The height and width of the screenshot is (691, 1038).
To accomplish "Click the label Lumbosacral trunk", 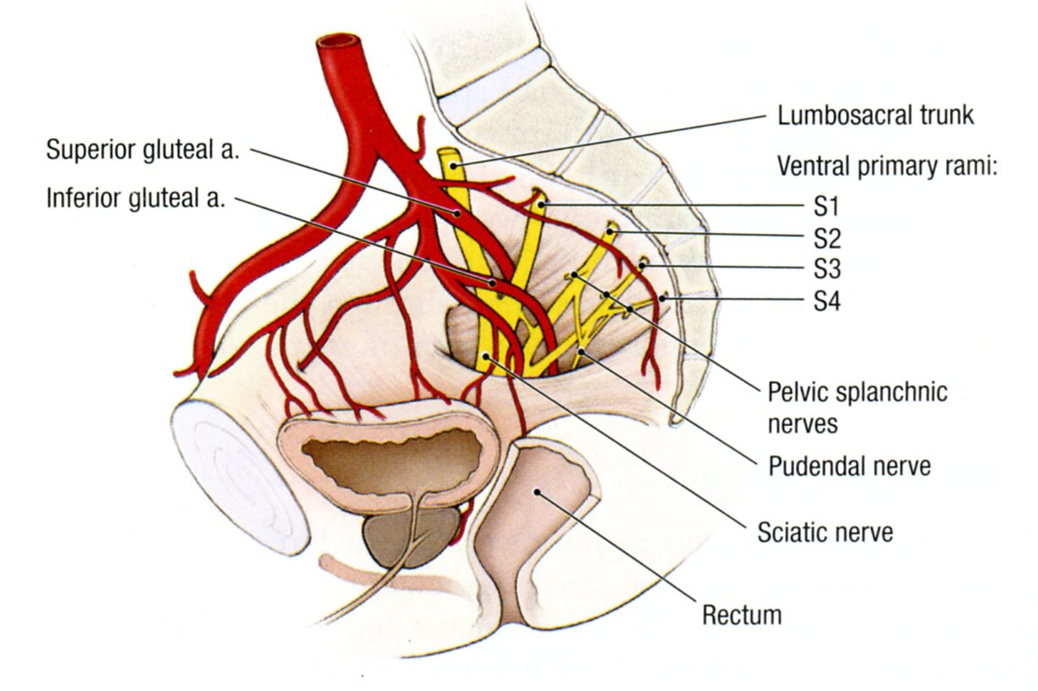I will point(875,115).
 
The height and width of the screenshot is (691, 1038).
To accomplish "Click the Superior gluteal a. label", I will point(144,150).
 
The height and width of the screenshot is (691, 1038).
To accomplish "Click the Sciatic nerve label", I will point(825,533).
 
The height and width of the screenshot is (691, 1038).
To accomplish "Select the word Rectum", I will point(742,614).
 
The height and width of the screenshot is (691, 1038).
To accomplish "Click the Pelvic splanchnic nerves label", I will point(857,407).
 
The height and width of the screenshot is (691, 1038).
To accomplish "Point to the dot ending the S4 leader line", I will point(664,298).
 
